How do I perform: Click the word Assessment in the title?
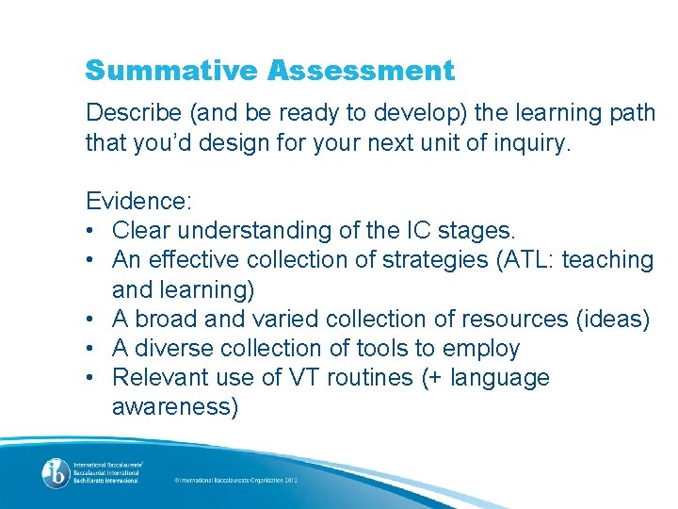(361, 71)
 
